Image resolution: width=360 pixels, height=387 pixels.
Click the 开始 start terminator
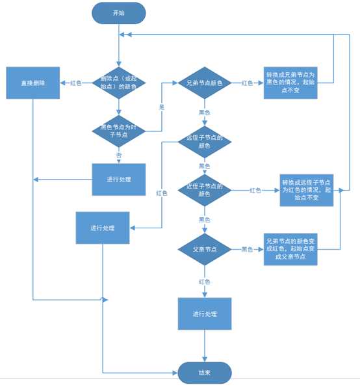pyautogui.click(x=119, y=12)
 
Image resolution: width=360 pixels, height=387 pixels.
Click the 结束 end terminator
pyautogui.click(x=205, y=373)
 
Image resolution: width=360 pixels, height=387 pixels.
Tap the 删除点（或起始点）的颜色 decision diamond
pyautogui.click(x=119, y=83)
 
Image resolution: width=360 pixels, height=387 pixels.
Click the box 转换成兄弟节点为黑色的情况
pyautogui.click(x=290, y=83)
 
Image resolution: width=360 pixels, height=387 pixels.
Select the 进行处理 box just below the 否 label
pyautogui.click(x=119, y=179)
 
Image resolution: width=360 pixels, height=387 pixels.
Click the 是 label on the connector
pyautogui.click(x=161, y=105)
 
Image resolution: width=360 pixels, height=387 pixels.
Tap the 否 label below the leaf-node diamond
pyautogui.click(x=119, y=155)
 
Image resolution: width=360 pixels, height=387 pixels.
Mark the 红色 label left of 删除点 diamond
pyautogui.click(x=76, y=83)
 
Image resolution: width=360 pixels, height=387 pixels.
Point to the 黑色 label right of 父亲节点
pyautogui.click(x=247, y=249)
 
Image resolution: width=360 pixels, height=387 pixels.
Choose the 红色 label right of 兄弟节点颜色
pyautogui.click(x=247, y=83)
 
